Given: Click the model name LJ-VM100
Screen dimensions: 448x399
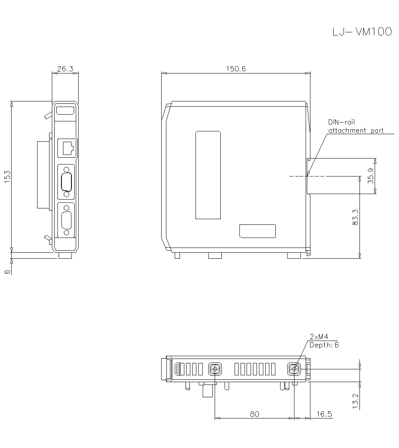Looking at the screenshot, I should [362, 32].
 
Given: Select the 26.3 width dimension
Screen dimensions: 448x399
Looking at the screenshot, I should [65, 69].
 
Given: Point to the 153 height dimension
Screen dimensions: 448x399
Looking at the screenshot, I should [7, 176].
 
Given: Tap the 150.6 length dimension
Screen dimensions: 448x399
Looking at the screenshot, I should [235, 69].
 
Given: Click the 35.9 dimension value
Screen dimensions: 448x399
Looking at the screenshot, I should [371, 176].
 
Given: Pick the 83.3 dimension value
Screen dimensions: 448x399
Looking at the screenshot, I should [356, 218].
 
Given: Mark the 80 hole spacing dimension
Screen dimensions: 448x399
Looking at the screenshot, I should [254, 414].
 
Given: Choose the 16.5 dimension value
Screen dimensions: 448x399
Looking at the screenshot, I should [324, 414].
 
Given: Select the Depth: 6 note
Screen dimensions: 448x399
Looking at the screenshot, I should [324, 345].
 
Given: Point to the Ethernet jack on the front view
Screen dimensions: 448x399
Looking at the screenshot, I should [67, 148].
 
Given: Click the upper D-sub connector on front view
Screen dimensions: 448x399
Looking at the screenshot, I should [66, 182].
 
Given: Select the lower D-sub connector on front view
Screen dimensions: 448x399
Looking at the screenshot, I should [66, 220].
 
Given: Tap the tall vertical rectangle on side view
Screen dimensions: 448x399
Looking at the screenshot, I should [208, 175].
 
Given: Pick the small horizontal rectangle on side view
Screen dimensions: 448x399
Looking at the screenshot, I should [257, 231].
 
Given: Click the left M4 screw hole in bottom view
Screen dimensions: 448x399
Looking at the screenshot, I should [215, 369].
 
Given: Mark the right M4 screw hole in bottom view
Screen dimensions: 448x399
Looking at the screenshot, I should [294, 369].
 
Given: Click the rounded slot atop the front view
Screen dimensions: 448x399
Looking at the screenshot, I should [65, 111].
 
